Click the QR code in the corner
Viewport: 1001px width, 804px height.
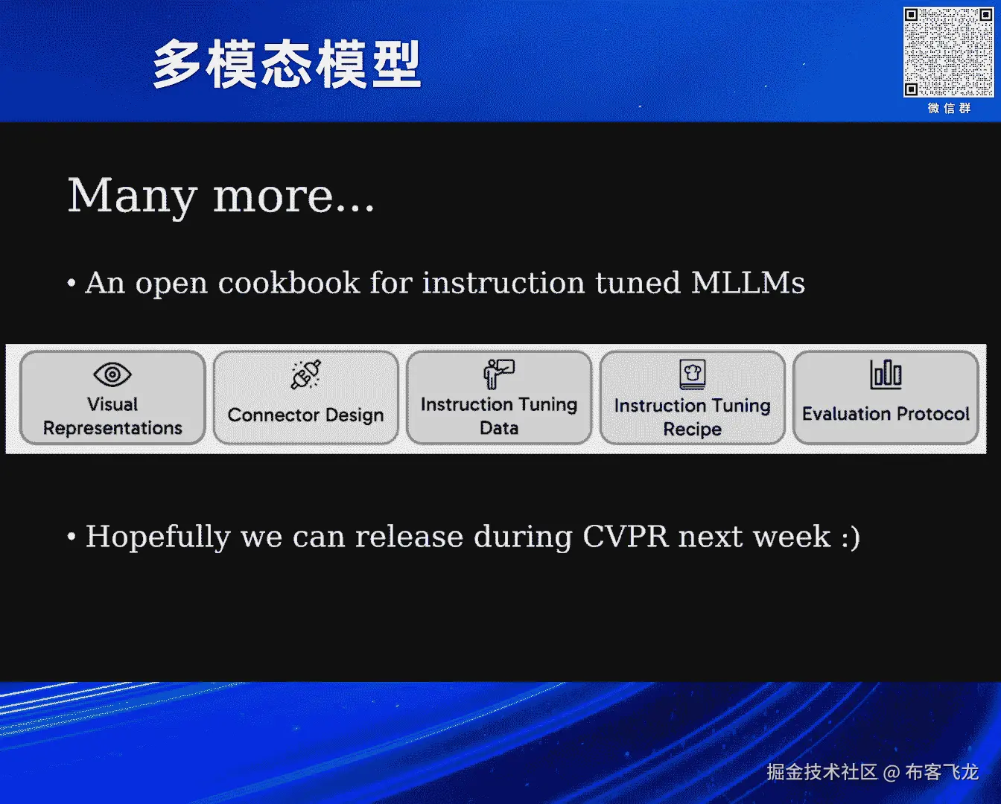[948, 52]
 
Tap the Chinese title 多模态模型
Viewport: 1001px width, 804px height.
[287, 64]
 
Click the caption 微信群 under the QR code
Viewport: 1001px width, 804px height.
[949, 109]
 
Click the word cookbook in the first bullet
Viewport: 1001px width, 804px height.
[289, 282]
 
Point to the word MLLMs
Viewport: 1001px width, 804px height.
[748, 282]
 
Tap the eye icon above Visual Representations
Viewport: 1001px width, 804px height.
[112, 374]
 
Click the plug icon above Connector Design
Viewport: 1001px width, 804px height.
[305, 374]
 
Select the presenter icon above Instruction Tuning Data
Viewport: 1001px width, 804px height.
[499, 374]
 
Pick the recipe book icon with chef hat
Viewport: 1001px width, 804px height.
[693, 374]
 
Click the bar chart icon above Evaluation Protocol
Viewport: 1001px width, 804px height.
[886, 374]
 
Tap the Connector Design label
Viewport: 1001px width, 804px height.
[305, 415]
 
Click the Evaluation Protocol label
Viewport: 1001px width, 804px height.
[886, 413]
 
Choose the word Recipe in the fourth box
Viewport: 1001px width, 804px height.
[692, 429]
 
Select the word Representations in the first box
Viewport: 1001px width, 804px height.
[112, 428]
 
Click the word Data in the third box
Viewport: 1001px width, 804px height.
[499, 428]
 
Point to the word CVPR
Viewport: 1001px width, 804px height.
[625, 536]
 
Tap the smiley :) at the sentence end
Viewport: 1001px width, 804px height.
[851, 537]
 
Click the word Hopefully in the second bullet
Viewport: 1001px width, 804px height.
[158, 537]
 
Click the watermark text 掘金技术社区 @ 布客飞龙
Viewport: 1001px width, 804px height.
[873, 772]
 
